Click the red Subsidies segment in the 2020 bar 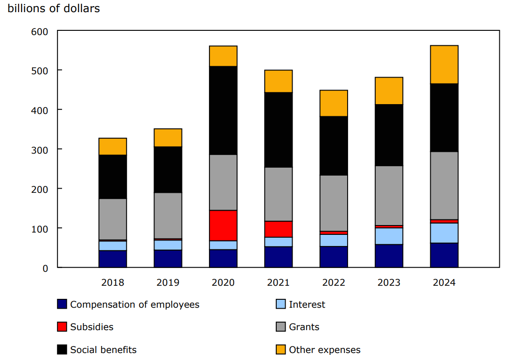point(223,226)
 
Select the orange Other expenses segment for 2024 point(444,64)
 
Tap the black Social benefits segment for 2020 point(223,110)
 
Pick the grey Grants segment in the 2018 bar point(112,219)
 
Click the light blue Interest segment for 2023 point(389,236)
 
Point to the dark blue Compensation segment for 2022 point(334,257)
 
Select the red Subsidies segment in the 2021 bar point(278,229)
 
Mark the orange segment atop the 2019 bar point(168,138)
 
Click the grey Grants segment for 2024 point(444,185)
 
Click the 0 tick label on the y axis point(45,268)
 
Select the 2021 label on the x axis point(278,282)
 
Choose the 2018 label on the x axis point(112,282)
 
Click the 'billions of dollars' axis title point(54,8)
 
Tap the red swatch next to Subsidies point(62,327)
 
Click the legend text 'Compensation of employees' point(135,304)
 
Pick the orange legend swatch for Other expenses point(281,350)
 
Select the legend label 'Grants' point(304,327)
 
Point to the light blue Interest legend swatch point(281,304)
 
